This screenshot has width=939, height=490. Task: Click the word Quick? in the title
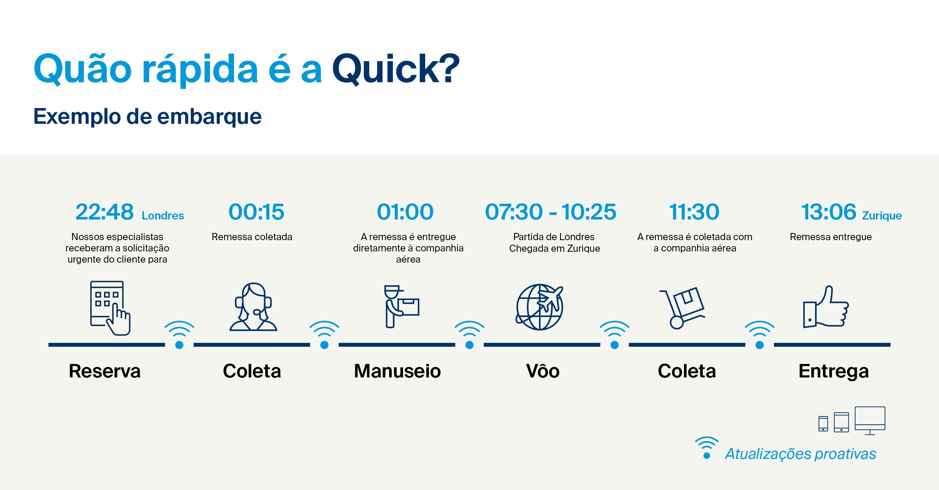click(396, 69)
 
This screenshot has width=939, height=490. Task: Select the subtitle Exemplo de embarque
click(148, 117)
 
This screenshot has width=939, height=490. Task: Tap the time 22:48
click(104, 212)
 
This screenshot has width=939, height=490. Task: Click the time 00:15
click(257, 212)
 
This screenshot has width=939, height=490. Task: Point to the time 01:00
click(405, 212)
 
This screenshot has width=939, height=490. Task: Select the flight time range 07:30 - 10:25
click(551, 212)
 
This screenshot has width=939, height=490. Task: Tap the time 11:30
click(694, 212)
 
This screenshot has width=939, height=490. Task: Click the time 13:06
click(829, 212)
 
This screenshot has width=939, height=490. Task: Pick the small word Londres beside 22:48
click(163, 216)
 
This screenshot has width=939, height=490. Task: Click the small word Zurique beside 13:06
click(882, 216)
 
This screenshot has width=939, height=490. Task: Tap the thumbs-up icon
click(826, 307)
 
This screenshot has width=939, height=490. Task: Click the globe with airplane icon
click(540, 307)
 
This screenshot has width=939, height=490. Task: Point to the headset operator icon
click(253, 307)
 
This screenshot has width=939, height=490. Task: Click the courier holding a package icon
click(401, 307)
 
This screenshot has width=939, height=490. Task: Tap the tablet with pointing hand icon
click(110, 308)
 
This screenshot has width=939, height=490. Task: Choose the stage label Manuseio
click(397, 371)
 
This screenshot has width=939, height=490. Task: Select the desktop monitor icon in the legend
click(870, 421)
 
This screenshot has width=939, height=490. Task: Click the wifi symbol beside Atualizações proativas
click(707, 447)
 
